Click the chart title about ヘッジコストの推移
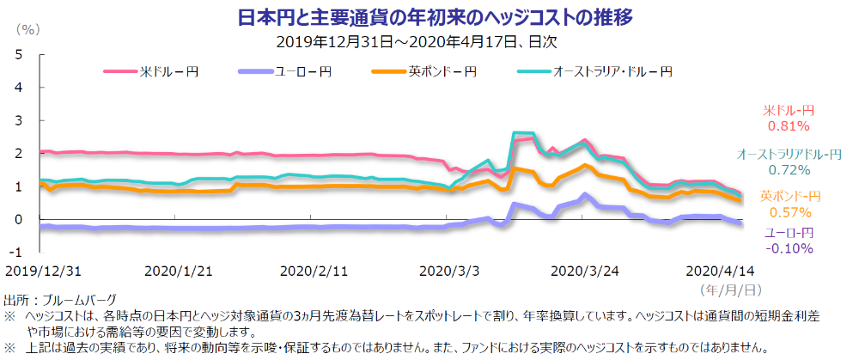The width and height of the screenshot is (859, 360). pos(429,16)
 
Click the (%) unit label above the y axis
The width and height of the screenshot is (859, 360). pos(28,29)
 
